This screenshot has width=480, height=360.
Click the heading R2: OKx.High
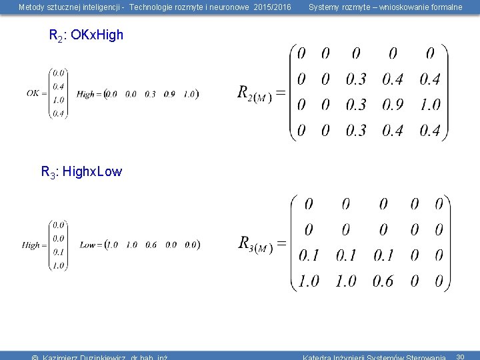pos(87,35)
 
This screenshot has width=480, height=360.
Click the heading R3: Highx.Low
pos(81,172)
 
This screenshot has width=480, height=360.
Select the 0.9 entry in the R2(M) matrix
pos(393,105)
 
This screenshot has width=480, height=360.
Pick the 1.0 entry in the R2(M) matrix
pos(431,105)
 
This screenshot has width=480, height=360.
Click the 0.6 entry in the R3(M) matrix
pos(383,281)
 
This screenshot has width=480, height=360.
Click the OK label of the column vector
pos(33,93)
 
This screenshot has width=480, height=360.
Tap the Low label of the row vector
pos(88,245)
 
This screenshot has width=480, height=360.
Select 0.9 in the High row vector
pos(169,94)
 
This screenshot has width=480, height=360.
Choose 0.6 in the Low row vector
pos(151,245)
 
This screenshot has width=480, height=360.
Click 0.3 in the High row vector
pos(150,94)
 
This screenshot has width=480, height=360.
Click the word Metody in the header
pos(31,7)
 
